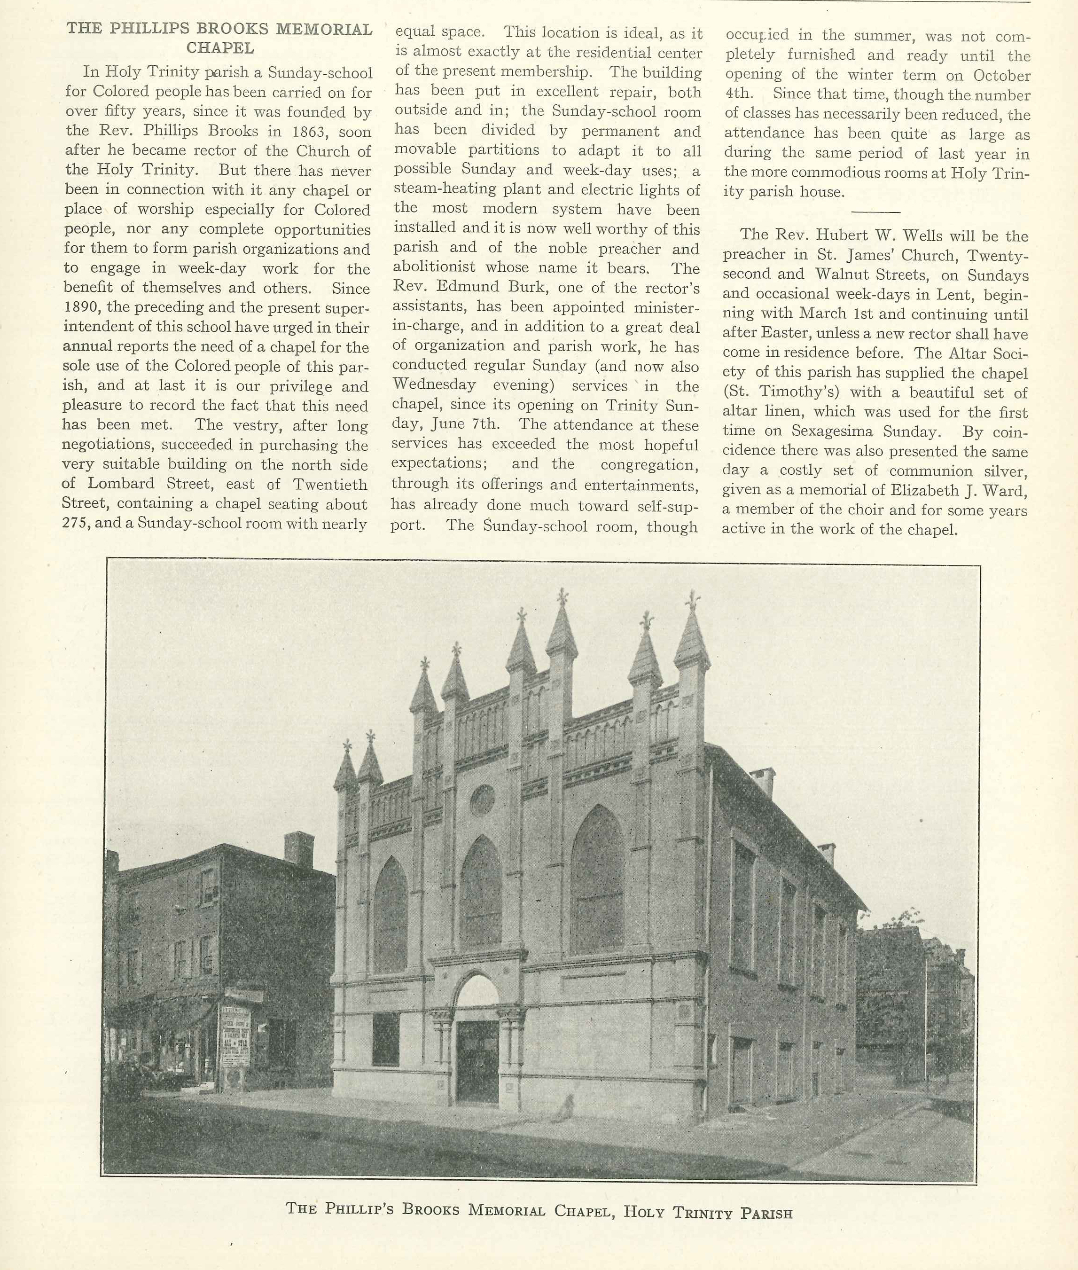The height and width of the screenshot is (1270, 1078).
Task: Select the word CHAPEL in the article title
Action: [x=220, y=47]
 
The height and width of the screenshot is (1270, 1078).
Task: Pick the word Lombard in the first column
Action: [x=121, y=484]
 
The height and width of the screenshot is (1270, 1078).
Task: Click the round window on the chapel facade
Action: [x=482, y=799]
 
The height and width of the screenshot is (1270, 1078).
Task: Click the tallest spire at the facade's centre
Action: [x=562, y=629]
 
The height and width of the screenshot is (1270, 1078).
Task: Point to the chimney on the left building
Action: [x=299, y=849]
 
